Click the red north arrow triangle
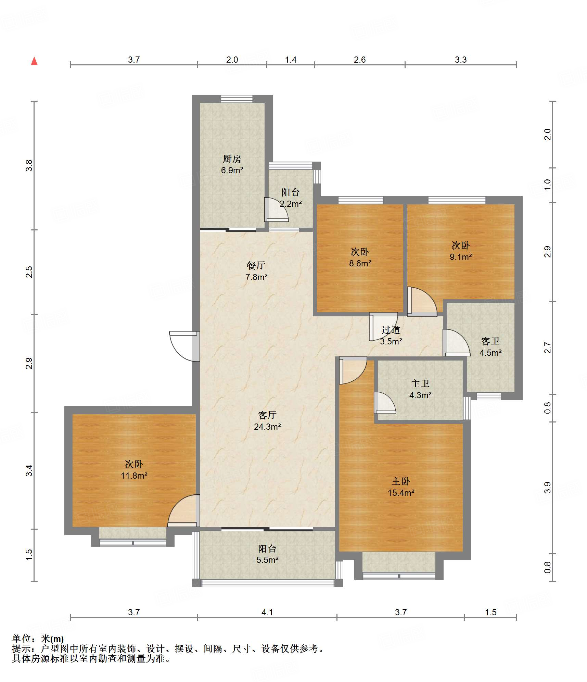34,61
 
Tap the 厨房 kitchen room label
232,159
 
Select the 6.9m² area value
232,170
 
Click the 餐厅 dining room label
256,265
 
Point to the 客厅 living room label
267,415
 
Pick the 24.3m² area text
267,427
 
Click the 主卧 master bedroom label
401,481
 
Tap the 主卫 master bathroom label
420,383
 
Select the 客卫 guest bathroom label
490,341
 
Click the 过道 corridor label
391,330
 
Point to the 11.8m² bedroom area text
134,476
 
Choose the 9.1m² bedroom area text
461,257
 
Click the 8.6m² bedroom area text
360,263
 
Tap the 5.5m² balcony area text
267,560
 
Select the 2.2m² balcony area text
291,204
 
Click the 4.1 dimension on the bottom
267,612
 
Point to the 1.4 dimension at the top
291,60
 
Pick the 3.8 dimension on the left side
29,165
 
